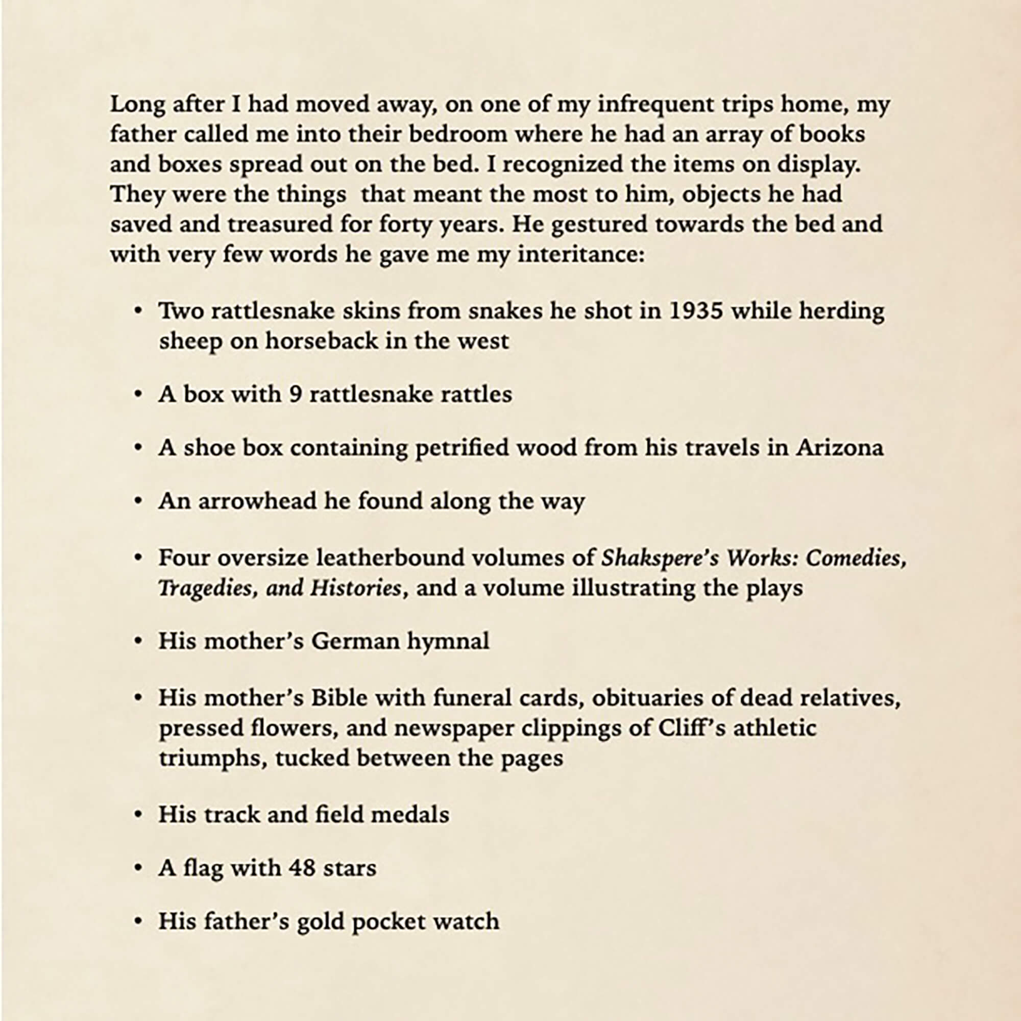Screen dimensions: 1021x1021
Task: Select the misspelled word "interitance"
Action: coord(581,255)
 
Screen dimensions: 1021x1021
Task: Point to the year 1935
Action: coord(695,311)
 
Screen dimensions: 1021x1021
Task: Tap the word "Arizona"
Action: coord(840,448)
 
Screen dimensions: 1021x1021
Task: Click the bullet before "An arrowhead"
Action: coord(138,501)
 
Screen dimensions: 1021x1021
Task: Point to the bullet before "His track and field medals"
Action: coord(138,815)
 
